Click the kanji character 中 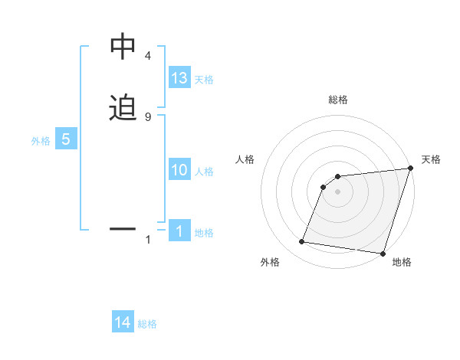(123, 48)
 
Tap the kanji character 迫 (123, 109)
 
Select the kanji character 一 (123, 228)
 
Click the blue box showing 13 (179, 77)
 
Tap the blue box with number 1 (179, 231)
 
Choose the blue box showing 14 (123, 322)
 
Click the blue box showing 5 (66, 139)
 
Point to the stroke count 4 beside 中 (147, 56)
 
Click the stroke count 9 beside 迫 (147, 116)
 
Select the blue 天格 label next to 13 (204, 80)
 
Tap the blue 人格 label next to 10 (204, 172)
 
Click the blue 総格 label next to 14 (147, 325)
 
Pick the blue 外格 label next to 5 (41, 141)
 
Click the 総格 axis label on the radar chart (338, 100)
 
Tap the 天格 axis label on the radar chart (431, 159)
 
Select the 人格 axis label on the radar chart (245, 159)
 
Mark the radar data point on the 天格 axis (410, 169)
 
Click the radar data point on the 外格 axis (302, 242)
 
